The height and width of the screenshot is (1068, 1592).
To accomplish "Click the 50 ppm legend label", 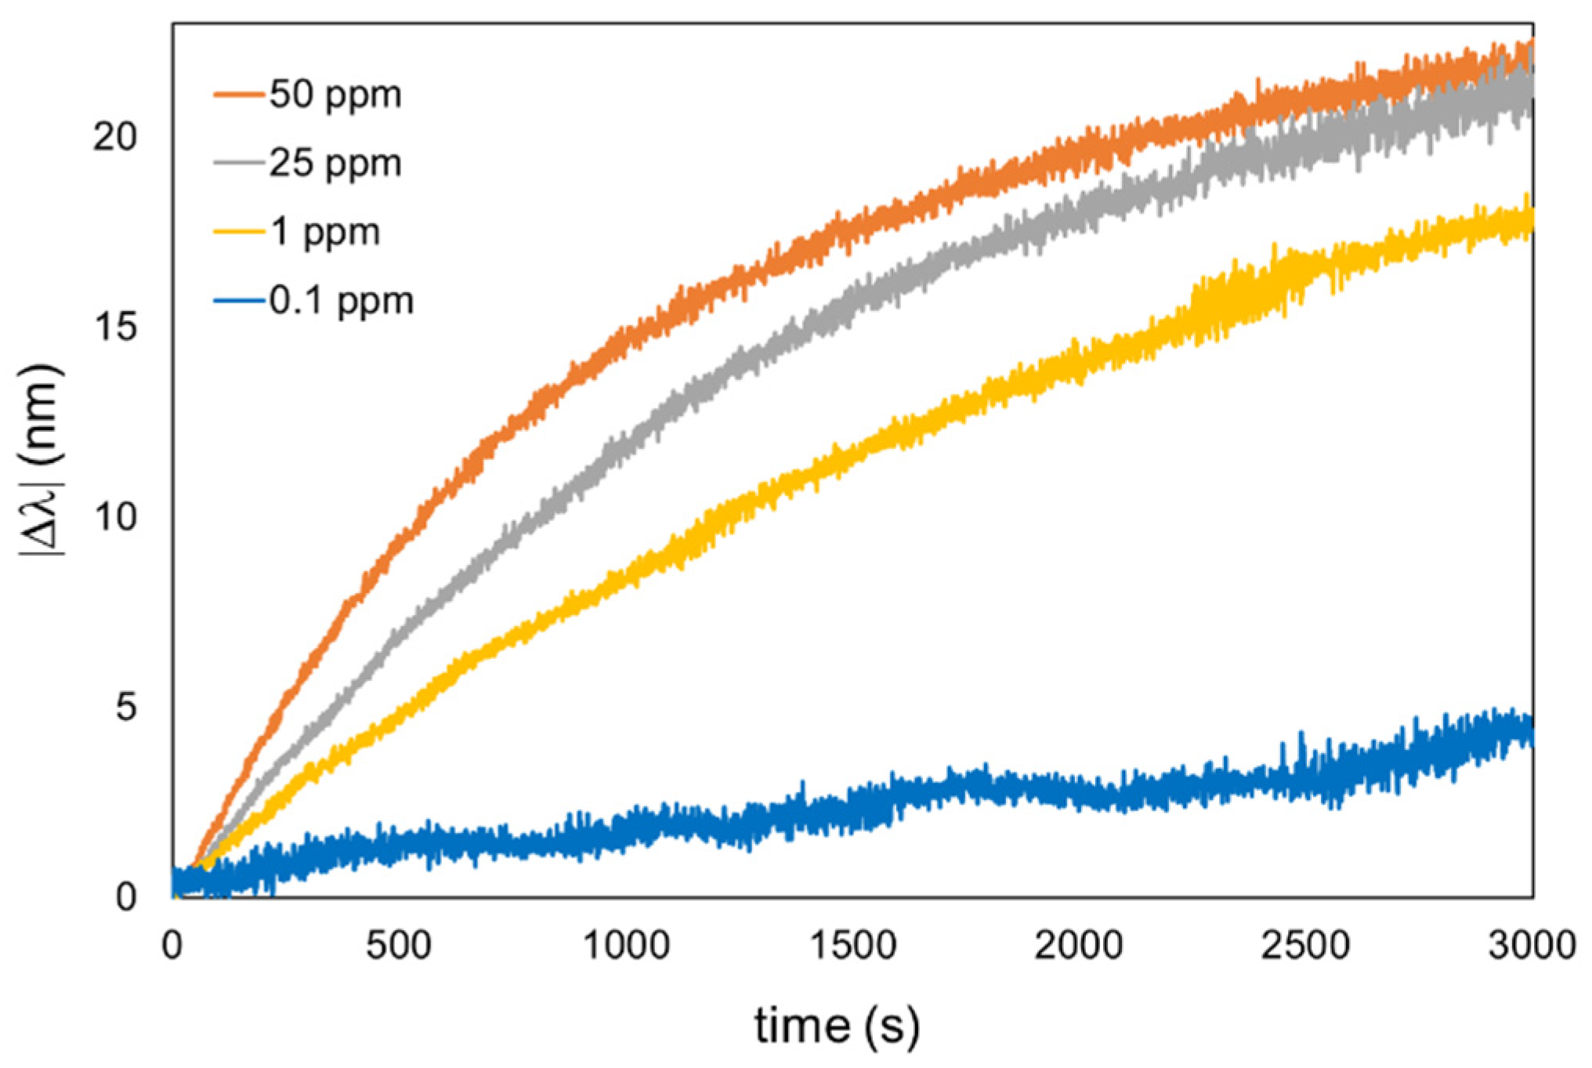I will [x=335, y=95].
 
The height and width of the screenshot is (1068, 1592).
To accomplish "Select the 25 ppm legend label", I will [x=335, y=164].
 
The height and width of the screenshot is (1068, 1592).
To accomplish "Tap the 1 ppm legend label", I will [x=325, y=233].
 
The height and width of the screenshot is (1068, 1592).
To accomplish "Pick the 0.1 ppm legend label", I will [x=342, y=302].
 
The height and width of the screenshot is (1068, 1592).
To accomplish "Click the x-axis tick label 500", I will [x=398, y=946].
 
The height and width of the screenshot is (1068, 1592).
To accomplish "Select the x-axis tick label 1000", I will [x=626, y=946].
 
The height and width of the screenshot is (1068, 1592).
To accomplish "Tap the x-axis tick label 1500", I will [x=852, y=946].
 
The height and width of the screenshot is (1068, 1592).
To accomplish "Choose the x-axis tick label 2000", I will [x=1079, y=946].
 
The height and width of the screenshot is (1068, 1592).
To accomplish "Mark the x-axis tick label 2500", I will [x=1305, y=946].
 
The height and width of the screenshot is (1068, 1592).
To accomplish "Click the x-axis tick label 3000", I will [x=1532, y=946].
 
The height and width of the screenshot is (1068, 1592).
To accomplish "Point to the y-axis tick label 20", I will [x=114, y=137].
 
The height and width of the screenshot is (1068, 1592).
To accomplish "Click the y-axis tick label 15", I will [x=114, y=327].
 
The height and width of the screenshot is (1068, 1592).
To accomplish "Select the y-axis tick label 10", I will [x=114, y=516].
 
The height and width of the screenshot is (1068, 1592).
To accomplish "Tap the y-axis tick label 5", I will [x=125, y=707].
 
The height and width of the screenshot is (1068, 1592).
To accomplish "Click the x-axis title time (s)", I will [x=837, y=1026].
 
